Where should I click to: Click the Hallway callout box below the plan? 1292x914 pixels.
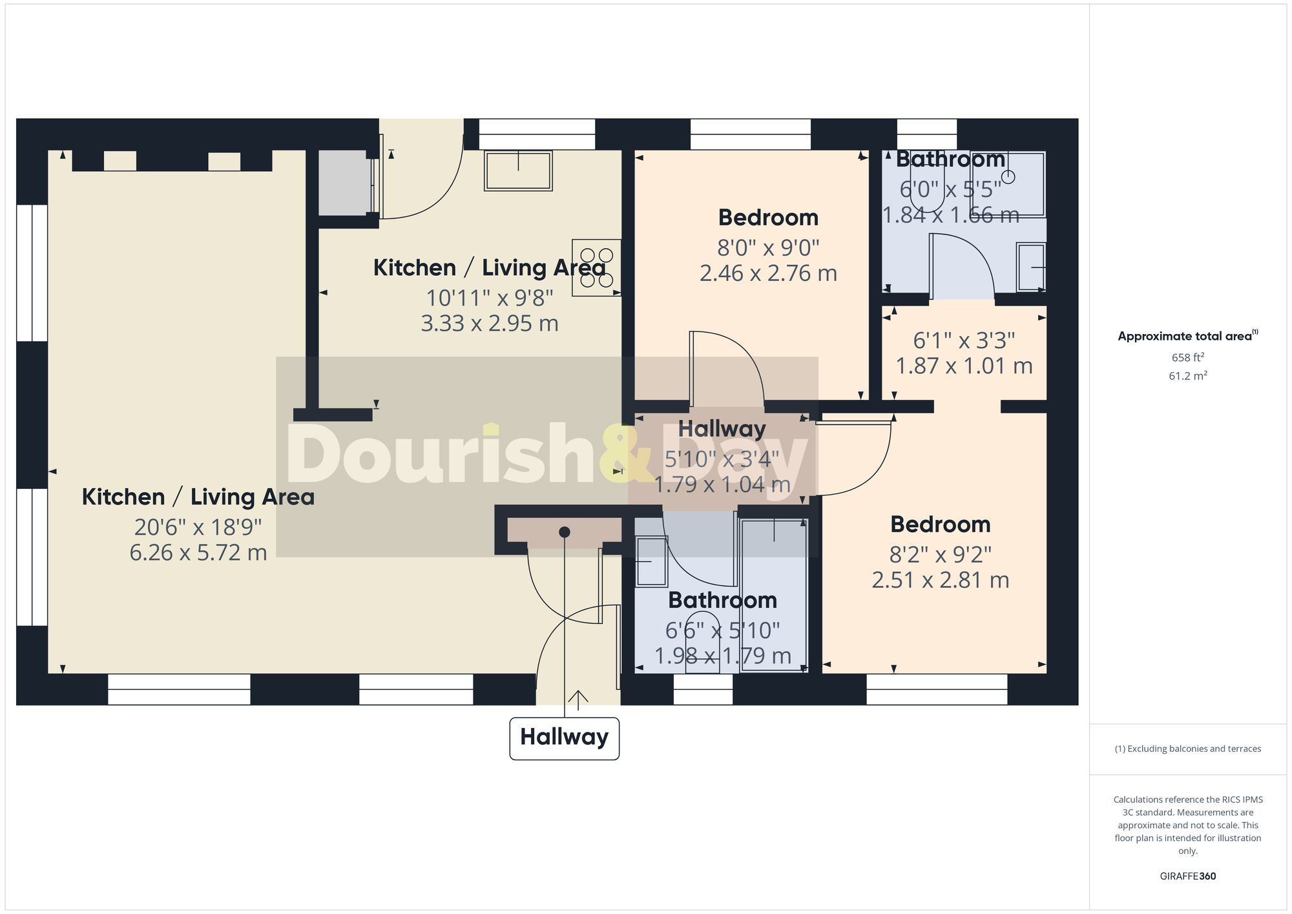click(564, 738)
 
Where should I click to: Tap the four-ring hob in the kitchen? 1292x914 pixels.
click(596, 268)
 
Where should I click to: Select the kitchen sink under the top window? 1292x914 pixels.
click(518, 171)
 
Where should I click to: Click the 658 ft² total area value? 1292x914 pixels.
click(1187, 357)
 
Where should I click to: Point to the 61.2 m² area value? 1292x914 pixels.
click(1187, 375)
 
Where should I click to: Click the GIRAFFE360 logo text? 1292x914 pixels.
click(1187, 876)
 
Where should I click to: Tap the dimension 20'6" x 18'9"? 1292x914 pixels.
click(198, 527)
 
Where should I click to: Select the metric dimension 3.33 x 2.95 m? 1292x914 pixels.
click(489, 323)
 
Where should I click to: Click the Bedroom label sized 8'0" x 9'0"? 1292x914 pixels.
click(768, 218)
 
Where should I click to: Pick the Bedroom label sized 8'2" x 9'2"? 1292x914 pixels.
click(940, 525)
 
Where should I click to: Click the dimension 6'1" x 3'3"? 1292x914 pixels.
click(964, 340)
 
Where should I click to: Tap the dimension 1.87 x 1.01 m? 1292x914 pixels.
click(964, 366)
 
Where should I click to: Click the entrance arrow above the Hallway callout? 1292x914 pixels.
click(578, 698)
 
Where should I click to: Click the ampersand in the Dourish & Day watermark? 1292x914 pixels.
click(625, 453)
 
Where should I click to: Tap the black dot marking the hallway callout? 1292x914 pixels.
click(564, 532)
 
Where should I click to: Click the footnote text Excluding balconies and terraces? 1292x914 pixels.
click(1187, 749)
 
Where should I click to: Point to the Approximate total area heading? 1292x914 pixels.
click(1187, 336)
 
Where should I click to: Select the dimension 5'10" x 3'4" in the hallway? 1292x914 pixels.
click(722, 459)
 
